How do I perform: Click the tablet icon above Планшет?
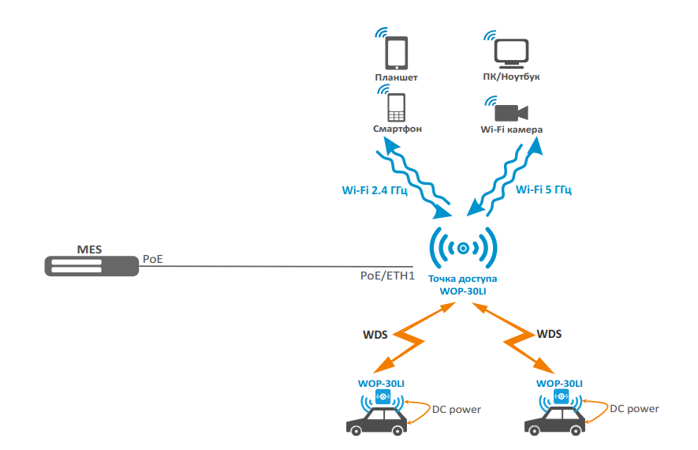[x=396, y=53]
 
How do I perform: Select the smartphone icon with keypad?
[x=396, y=106]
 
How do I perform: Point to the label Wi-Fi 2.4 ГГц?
[x=374, y=189]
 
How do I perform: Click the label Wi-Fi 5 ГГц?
[x=543, y=189]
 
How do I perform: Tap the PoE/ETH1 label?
[x=387, y=276]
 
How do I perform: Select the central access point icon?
[x=463, y=248]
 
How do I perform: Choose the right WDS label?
[x=549, y=334]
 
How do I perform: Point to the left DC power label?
[x=457, y=409]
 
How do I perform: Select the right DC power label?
[x=635, y=409]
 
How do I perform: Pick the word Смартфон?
[x=397, y=129]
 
